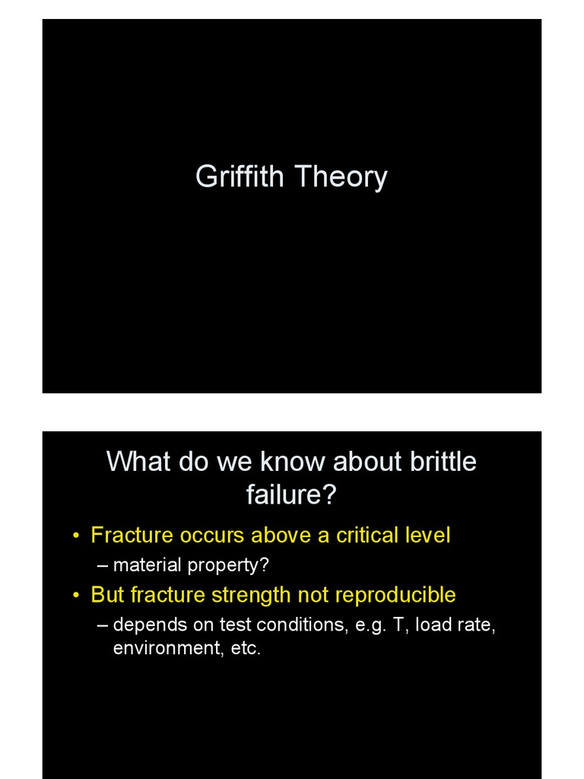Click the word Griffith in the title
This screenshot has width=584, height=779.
[240, 177]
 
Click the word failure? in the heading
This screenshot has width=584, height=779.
[291, 495]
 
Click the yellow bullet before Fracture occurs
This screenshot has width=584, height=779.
[76, 536]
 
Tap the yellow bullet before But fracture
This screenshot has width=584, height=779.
[76, 596]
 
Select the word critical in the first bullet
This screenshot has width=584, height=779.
[367, 536]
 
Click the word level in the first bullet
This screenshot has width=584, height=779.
[427, 536]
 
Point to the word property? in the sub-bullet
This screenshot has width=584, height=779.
[227, 566]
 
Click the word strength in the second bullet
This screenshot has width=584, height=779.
[249, 595]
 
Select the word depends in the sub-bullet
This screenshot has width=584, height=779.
[143, 625]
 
